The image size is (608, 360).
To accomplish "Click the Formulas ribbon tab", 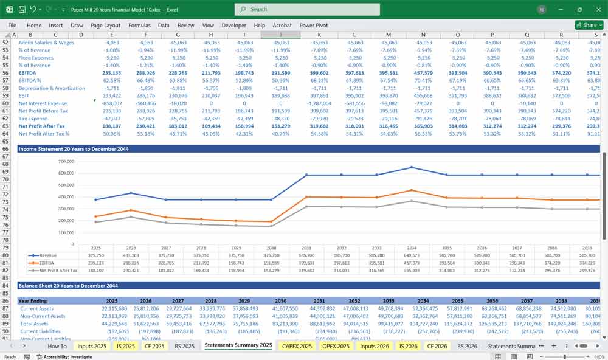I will coord(139,26).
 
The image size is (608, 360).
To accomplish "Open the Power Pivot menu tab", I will coord(313,26).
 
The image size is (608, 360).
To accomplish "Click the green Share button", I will coord(589,26).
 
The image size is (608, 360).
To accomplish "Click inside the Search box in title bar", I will coord(307,9).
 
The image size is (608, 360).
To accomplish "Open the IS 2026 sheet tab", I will coord(407,346).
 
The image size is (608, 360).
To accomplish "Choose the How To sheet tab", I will coord(57,346).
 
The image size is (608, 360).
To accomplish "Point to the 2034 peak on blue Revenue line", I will coord(412,167).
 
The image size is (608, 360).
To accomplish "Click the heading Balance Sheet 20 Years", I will coord(68,285).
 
